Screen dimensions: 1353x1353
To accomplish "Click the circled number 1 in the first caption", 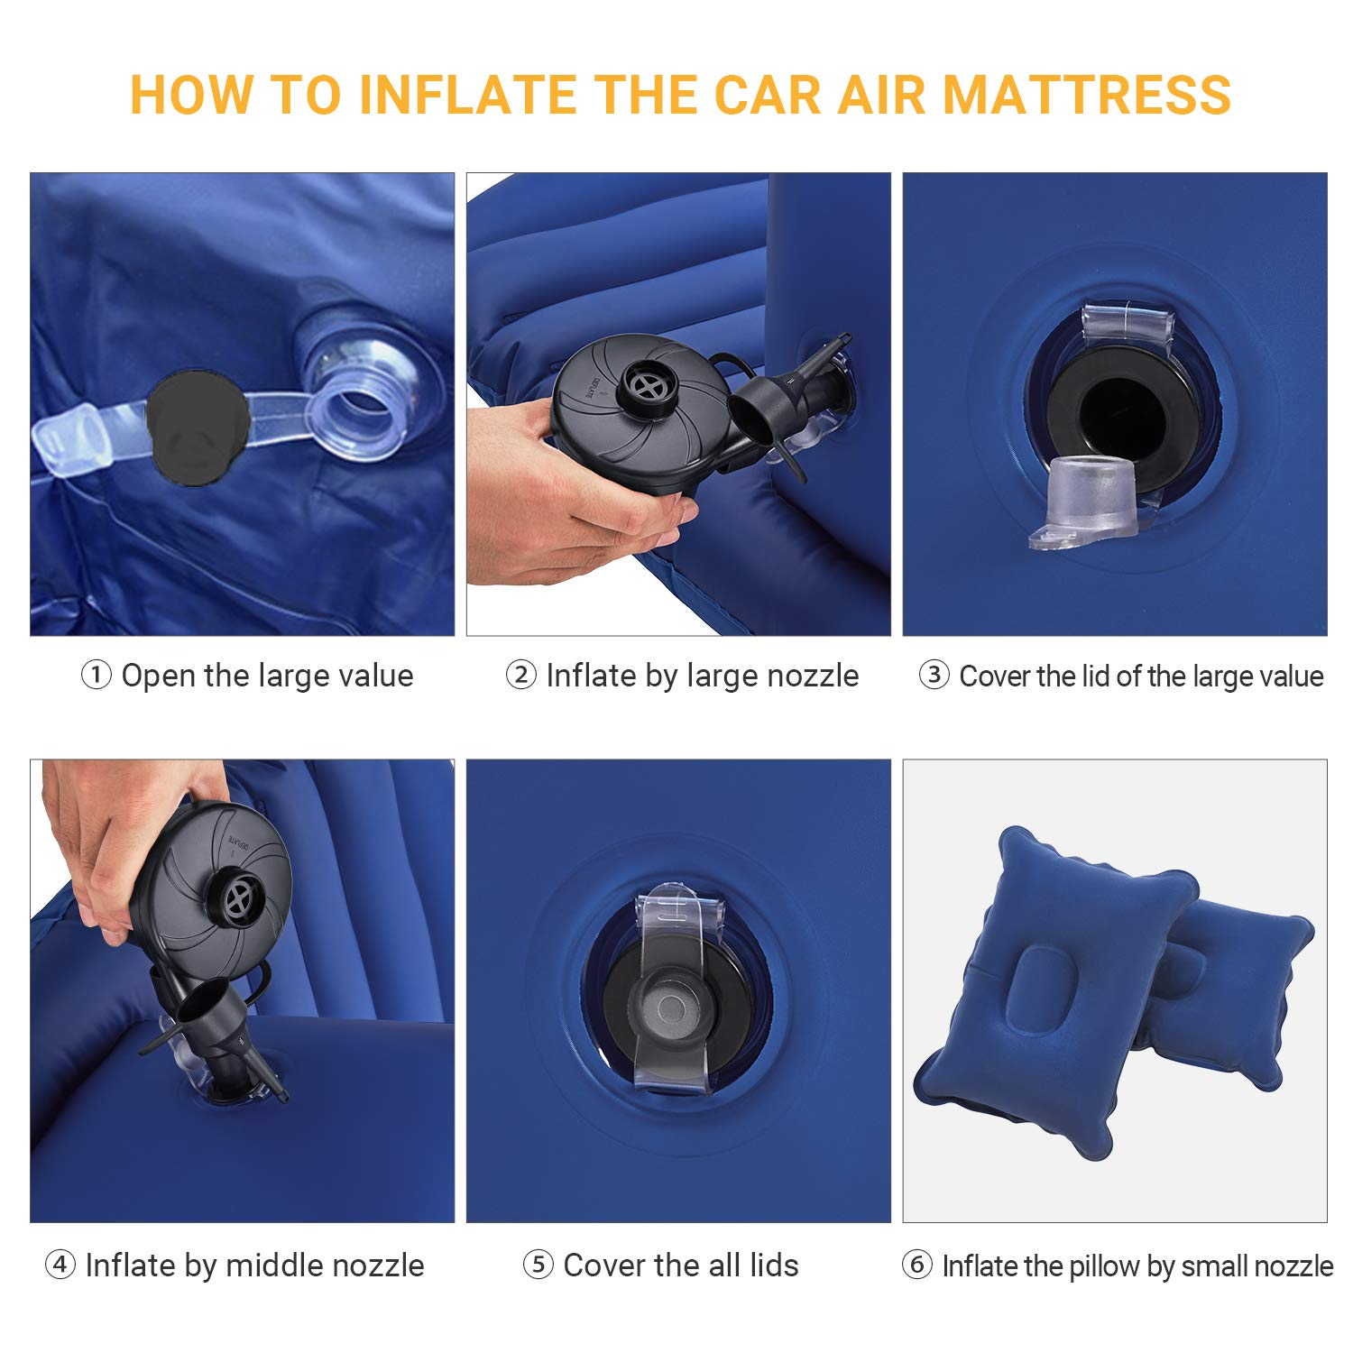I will click(x=96, y=675).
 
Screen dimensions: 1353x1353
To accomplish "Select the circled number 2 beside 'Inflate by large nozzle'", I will click(x=520, y=675).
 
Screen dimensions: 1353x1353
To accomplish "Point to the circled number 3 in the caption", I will click(x=934, y=675).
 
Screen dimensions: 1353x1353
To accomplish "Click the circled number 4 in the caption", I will click(x=60, y=1265).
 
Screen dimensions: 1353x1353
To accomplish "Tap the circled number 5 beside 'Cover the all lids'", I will click(x=538, y=1265).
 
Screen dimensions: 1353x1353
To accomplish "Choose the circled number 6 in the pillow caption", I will click(x=916, y=1265).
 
